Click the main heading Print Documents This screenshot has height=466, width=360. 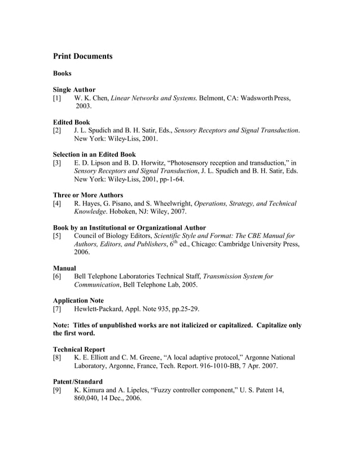coord(82,56)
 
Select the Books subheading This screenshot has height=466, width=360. coord(62,74)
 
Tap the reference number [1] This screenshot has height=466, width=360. coord(57,98)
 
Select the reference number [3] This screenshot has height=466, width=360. coord(57,162)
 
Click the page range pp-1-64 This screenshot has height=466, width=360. coord(169,179)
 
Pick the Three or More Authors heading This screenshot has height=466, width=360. coord(87,195)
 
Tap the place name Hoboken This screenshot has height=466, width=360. coord(90,212)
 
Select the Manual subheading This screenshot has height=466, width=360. coord(64,268)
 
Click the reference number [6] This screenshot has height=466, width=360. coord(57,276)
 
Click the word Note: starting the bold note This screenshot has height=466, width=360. coord(63,326)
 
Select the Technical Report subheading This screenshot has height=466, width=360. coord(78,350)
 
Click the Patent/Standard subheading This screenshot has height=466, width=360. coord(78,382)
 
